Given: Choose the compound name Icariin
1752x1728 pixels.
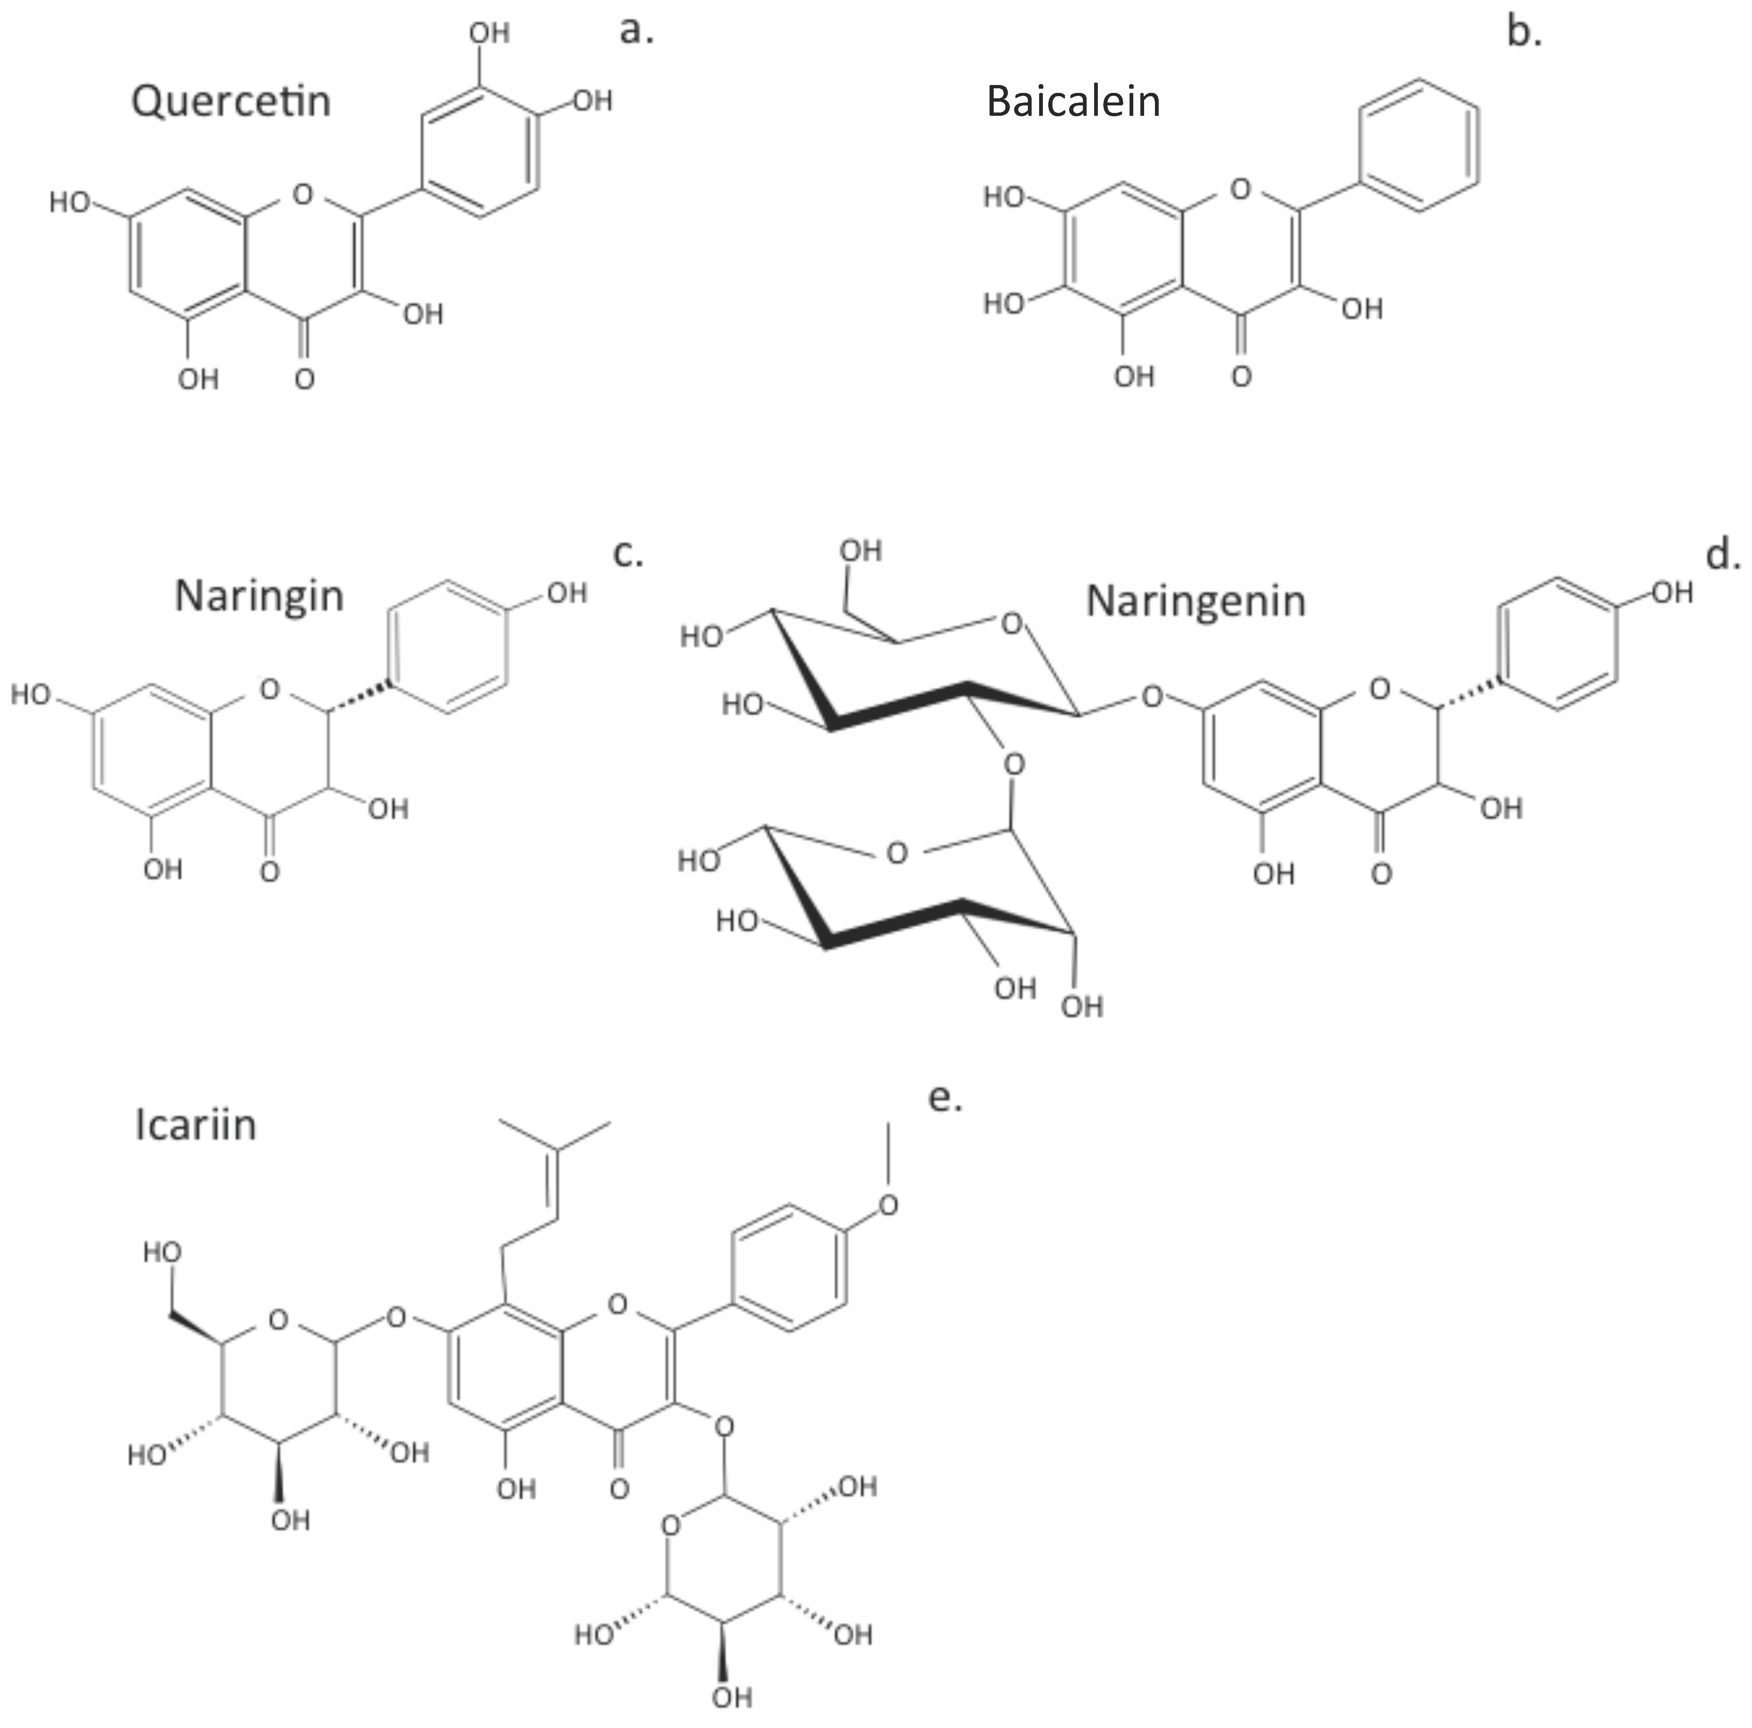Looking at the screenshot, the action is coord(196,1125).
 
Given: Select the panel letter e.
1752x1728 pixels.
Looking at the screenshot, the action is coord(945,1098).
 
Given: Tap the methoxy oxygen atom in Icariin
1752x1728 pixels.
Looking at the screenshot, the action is coord(889,1205).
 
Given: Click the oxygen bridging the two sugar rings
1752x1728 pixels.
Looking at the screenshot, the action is coord(1014,764).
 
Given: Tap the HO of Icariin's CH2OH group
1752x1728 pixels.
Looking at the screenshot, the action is coord(162,1253).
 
